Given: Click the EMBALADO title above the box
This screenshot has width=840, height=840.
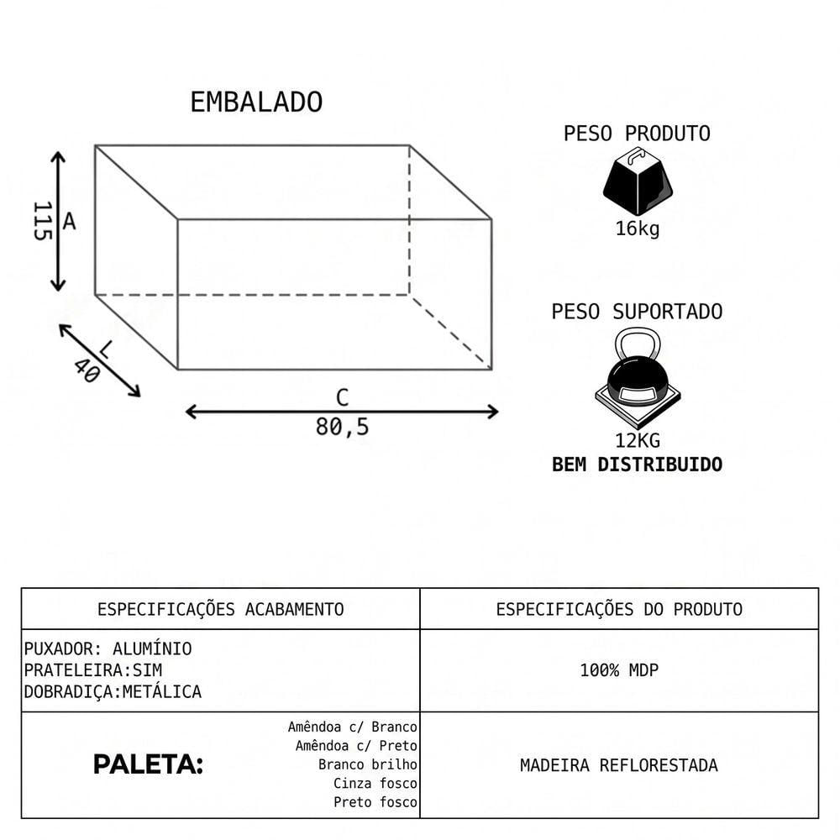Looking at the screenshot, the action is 256,102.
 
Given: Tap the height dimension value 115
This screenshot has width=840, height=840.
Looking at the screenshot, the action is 42,221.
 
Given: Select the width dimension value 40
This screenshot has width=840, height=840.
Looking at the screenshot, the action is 87,371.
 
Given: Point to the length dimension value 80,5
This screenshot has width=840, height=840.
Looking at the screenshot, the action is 343,427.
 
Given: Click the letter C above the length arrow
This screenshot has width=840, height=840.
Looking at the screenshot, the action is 343,397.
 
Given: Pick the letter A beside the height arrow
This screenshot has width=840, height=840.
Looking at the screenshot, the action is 69,221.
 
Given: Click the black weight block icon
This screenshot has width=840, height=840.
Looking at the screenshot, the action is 638,181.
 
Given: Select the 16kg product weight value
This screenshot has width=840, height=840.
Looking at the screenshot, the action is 638,228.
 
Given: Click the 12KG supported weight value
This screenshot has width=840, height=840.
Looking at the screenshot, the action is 638,440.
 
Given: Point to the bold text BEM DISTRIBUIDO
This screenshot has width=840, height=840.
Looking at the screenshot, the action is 638,465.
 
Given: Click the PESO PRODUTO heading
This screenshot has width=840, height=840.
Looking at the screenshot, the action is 637,134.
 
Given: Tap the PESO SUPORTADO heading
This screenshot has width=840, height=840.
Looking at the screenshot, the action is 637,312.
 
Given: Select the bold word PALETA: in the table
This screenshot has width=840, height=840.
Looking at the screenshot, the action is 149,764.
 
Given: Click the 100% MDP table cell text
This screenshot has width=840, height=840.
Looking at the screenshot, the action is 619,670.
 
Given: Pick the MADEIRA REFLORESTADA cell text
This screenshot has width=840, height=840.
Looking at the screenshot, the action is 619,765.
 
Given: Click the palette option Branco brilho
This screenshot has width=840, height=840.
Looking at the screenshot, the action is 368,764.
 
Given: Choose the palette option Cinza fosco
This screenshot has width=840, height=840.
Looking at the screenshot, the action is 375,783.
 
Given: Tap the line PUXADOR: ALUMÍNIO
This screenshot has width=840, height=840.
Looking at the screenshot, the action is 108,648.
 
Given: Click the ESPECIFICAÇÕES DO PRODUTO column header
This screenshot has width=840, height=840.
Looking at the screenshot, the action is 619,609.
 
